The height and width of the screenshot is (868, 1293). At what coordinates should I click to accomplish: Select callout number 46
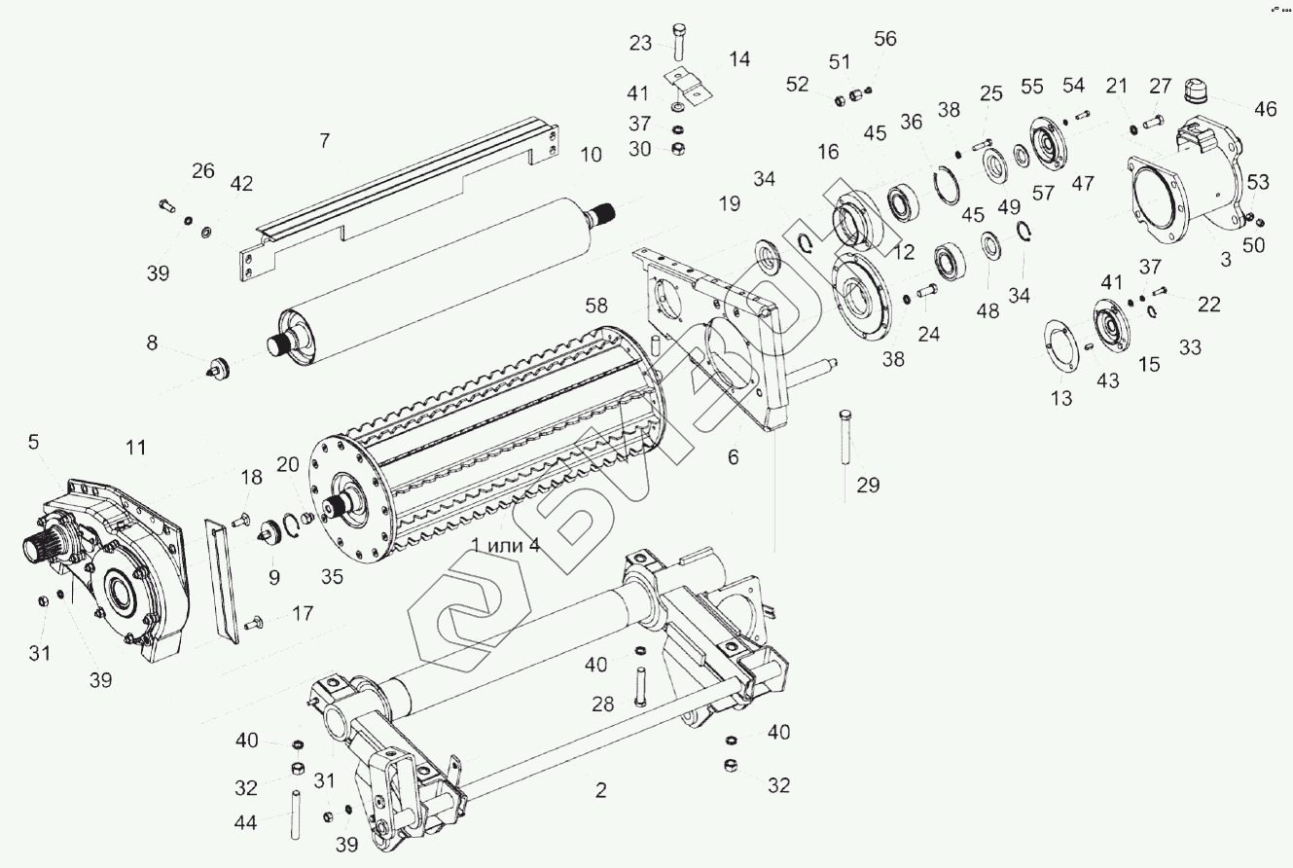1265,109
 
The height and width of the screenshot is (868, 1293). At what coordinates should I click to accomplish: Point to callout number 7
324,141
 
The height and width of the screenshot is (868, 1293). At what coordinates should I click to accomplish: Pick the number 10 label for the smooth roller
591,154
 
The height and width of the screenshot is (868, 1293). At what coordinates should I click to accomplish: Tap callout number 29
868,484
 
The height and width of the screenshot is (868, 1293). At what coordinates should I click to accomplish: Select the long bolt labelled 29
844,437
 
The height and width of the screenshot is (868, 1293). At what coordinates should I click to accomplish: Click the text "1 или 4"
505,544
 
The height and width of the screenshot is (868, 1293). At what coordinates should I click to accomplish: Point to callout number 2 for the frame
600,790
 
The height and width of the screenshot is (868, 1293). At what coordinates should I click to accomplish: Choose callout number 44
246,823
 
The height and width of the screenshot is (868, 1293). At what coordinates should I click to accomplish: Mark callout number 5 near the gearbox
34,443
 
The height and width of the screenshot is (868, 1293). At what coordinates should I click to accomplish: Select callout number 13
1061,398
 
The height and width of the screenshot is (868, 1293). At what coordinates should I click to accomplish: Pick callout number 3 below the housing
1225,260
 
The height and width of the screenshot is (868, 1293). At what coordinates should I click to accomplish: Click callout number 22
1208,305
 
